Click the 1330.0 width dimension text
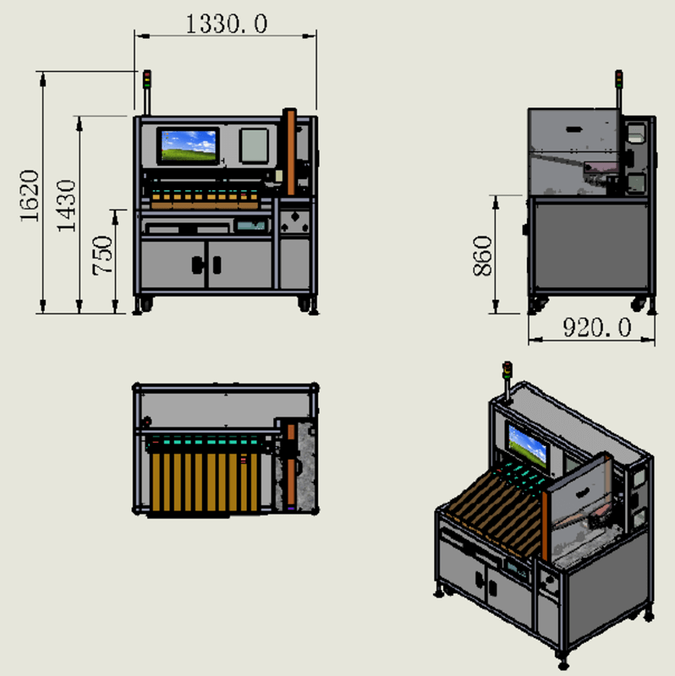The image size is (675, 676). point(226,25)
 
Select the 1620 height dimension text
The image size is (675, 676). point(30,196)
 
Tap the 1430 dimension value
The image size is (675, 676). point(67,206)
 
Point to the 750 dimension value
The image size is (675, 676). point(102,255)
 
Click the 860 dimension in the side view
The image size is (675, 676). point(482,256)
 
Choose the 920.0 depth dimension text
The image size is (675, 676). point(597,328)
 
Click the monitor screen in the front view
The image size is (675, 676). point(189,145)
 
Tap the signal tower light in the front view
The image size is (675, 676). point(147,79)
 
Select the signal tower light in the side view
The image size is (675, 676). point(619,79)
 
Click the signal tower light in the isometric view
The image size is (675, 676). point(508,370)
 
